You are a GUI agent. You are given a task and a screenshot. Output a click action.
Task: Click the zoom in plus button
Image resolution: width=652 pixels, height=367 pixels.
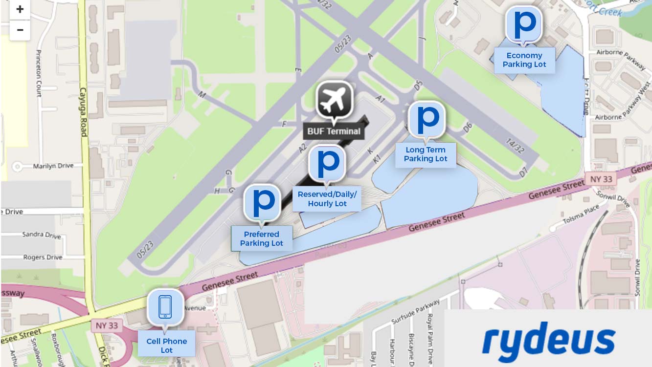20,9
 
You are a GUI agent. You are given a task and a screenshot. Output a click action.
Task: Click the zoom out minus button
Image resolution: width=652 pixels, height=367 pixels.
20,30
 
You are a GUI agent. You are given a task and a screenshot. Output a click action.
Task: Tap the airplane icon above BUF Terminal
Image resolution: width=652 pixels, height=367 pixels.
335,100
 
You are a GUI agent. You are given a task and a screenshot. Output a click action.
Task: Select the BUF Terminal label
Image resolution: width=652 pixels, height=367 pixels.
334,131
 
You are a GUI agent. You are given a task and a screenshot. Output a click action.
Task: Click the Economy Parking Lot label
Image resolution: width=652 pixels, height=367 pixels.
524,60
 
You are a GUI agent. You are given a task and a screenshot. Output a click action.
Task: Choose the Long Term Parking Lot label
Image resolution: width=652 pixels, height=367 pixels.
426,154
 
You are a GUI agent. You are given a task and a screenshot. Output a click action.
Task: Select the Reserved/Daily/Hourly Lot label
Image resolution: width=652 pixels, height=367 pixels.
327,199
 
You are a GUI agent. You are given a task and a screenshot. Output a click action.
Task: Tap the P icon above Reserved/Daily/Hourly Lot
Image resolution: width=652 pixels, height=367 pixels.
327,163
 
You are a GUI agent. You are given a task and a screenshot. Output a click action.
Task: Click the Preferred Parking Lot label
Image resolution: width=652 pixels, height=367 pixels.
262,238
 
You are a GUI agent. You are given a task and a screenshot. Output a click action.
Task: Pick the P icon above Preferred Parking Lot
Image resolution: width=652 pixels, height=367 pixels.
263,202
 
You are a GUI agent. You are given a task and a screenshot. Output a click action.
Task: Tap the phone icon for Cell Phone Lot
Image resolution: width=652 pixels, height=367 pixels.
165,307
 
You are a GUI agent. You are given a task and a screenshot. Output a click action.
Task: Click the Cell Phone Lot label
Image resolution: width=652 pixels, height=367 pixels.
167,345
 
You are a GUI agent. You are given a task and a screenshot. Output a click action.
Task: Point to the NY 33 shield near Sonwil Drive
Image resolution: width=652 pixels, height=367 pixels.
601,179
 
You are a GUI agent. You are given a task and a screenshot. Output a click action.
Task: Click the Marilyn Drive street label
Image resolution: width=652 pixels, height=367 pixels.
53,166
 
